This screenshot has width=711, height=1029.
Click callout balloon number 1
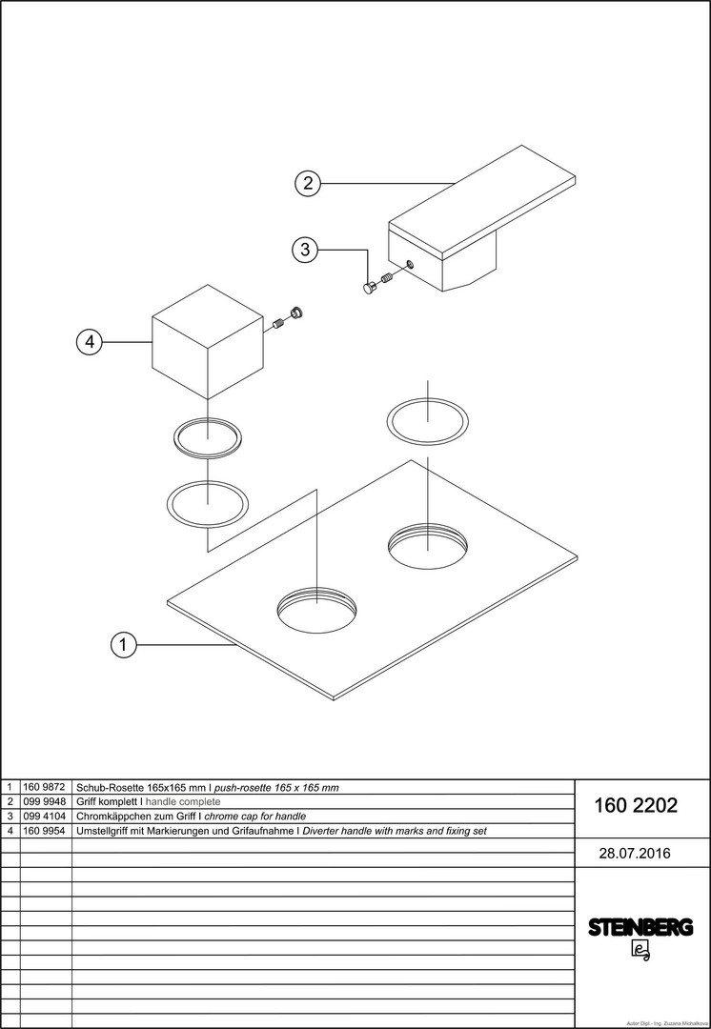(123, 645)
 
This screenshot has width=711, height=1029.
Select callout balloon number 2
(307, 183)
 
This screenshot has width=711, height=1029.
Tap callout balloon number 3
(305, 250)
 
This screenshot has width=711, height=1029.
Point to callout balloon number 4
(90, 342)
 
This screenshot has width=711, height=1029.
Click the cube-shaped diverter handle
(208, 342)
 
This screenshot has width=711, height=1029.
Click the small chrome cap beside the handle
(370, 287)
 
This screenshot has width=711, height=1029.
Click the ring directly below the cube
(208, 437)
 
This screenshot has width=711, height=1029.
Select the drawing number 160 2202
(636, 806)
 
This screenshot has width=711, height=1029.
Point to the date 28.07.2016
(634, 853)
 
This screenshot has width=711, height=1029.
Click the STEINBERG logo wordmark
(640, 927)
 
